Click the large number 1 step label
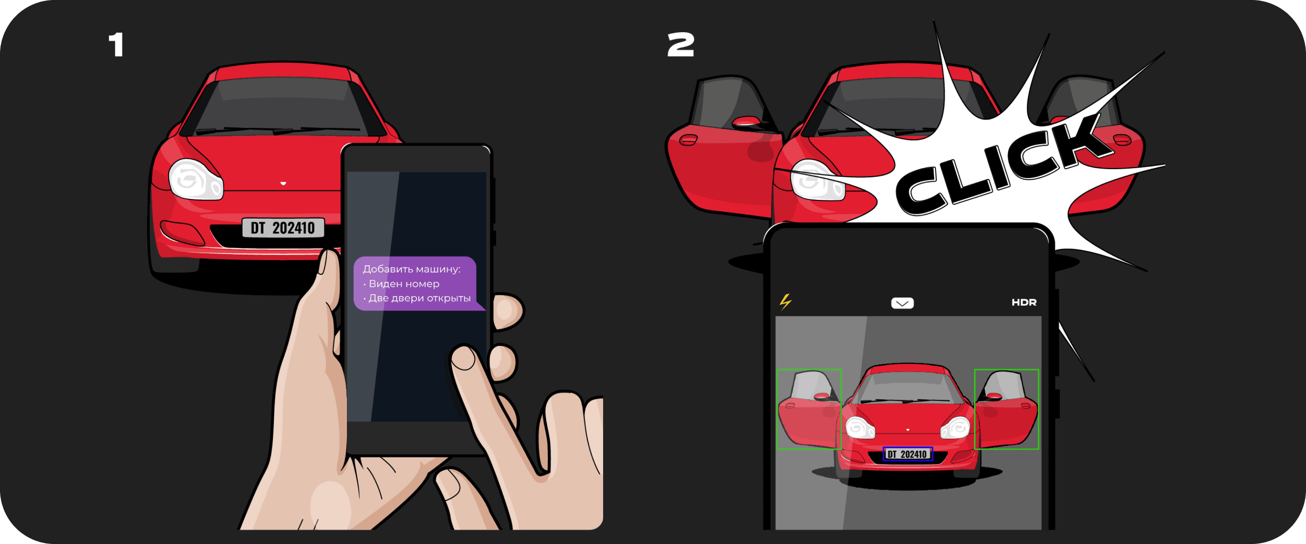[117, 44]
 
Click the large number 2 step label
[680, 44]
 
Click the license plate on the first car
[283, 228]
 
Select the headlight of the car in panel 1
[195, 180]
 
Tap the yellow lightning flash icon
[785, 301]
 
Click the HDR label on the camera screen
[1023, 302]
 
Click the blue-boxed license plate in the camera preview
[907, 454]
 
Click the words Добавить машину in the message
[412, 269]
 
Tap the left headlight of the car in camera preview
[860, 427]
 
